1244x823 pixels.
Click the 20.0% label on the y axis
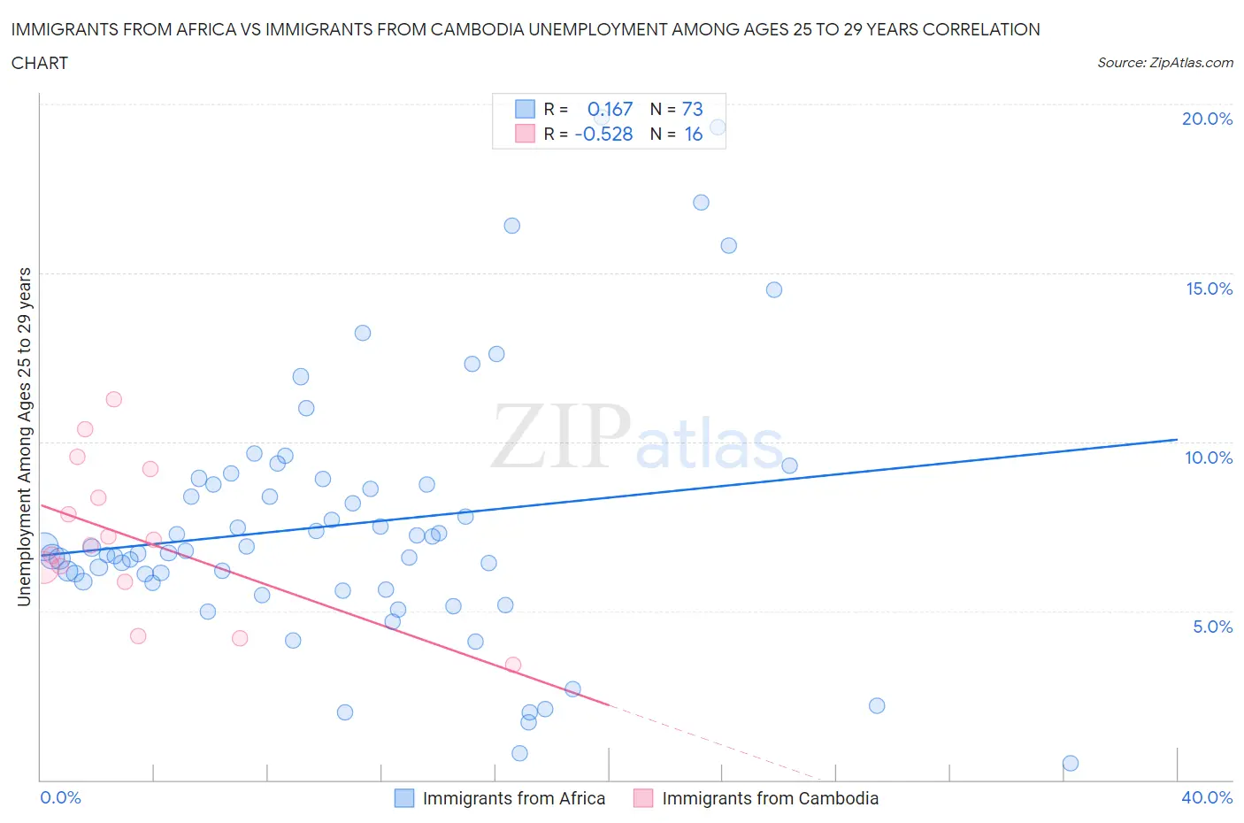click(1207, 119)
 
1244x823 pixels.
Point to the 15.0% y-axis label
click(1209, 288)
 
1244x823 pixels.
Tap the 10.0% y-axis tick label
click(1209, 458)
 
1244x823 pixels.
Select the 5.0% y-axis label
click(1212, 627)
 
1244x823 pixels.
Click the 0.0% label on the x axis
click(60, 797)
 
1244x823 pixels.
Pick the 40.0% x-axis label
click(1207, 797)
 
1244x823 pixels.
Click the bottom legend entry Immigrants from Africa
click(513, 798)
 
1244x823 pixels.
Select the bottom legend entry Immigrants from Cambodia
click(770, 798)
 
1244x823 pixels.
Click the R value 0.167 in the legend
click(610, 109)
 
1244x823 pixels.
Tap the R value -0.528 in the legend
click(603, 134)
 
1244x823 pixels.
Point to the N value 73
click(692, 109)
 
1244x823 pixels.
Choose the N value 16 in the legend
click(693, 134)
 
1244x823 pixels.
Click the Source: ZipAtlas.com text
click(1164, 62)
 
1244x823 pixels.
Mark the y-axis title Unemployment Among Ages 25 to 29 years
click(24, 436)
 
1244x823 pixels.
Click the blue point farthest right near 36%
click(1070, 763)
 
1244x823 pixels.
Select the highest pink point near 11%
click(113, 399)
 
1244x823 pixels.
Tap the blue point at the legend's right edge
click(718, 127)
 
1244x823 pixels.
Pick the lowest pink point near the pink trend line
click(512, 665)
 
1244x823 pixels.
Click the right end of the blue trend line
click(1177, 439)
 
